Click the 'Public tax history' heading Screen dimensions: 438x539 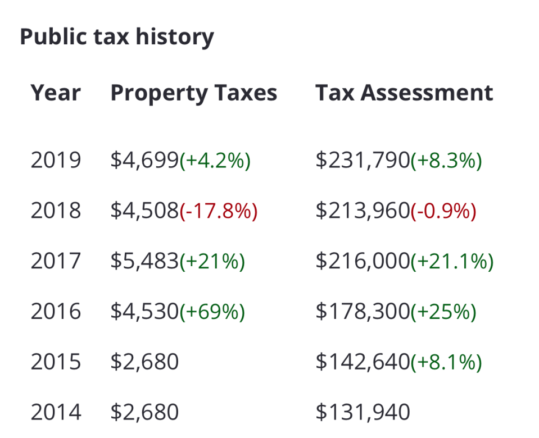pyautogui.click(x=117, y=37)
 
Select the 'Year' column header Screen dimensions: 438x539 pyautogui.click(x=56, y=93)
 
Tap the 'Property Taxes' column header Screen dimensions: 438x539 pyautogui.click(x=193, y=93)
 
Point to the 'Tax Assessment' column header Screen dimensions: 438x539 pyautogui.click(x=404, y=93)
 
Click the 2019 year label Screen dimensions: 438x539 pyautogui.click(x=56, y=161)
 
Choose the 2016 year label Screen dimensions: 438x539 pyautogui.click(x=56, y=312)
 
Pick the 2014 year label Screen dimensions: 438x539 pyautogui.click(x=56, y=413)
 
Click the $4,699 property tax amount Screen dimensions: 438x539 pyautogui.click(x=144, y=161)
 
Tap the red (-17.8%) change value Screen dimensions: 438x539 pyautogui.click(x=218, y=211)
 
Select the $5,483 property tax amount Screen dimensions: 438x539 pyautogui.click(x=144, y=262)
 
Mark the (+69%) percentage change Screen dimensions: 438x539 pyautogui.click(x=212, y=312)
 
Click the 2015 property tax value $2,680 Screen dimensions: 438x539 pyautogui.click(x=144, y=362)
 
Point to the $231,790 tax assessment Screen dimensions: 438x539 pyautogui.click(x=362, y=161)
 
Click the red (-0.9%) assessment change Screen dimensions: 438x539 pyautogui.click(x=443, y=211)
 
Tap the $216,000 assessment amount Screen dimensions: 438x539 pyautogui.click(x=362, y=262)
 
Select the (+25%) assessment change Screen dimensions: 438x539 pyautogui.click(x=443, y=312)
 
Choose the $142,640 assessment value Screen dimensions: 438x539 pyautogui.click(x=362, y=362)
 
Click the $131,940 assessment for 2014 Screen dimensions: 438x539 pyautogui.click(x=363, y=413)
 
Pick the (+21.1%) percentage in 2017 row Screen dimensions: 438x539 pyautogui.click(x=451, y=262)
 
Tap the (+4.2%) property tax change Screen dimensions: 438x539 pyautogui.click(x=215, y=161)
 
